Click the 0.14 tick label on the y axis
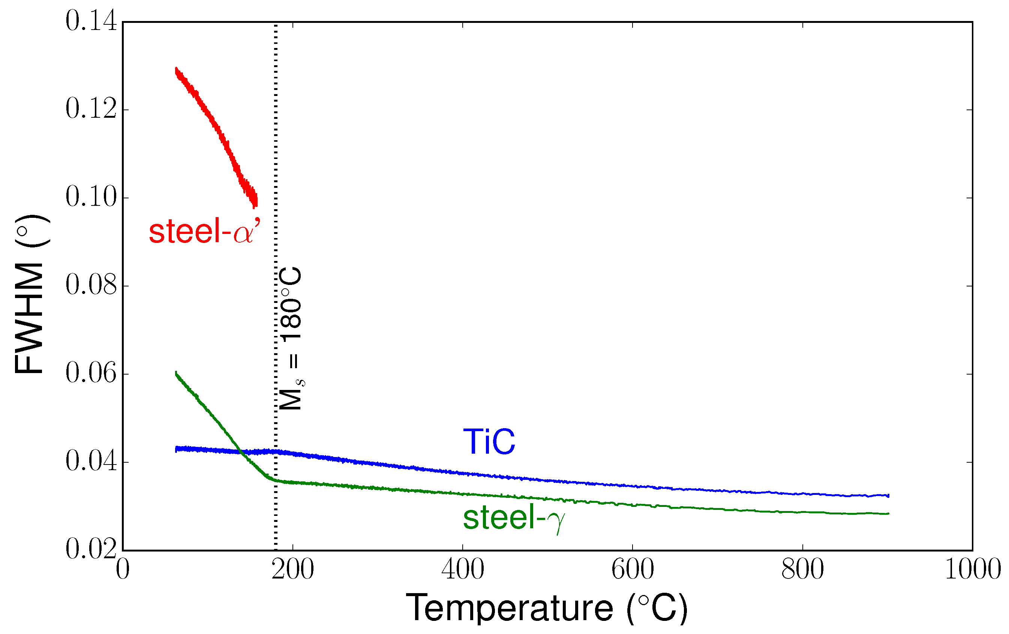(91, 21)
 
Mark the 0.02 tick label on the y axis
(91, 549)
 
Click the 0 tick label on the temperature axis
(123, 570)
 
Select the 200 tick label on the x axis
(292, 570)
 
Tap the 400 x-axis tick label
(463, 570)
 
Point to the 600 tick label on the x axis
(632, 570)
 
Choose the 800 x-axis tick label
(802, 570)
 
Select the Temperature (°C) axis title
(546, 608)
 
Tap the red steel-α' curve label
(205, 231)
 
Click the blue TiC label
(489, 442)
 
